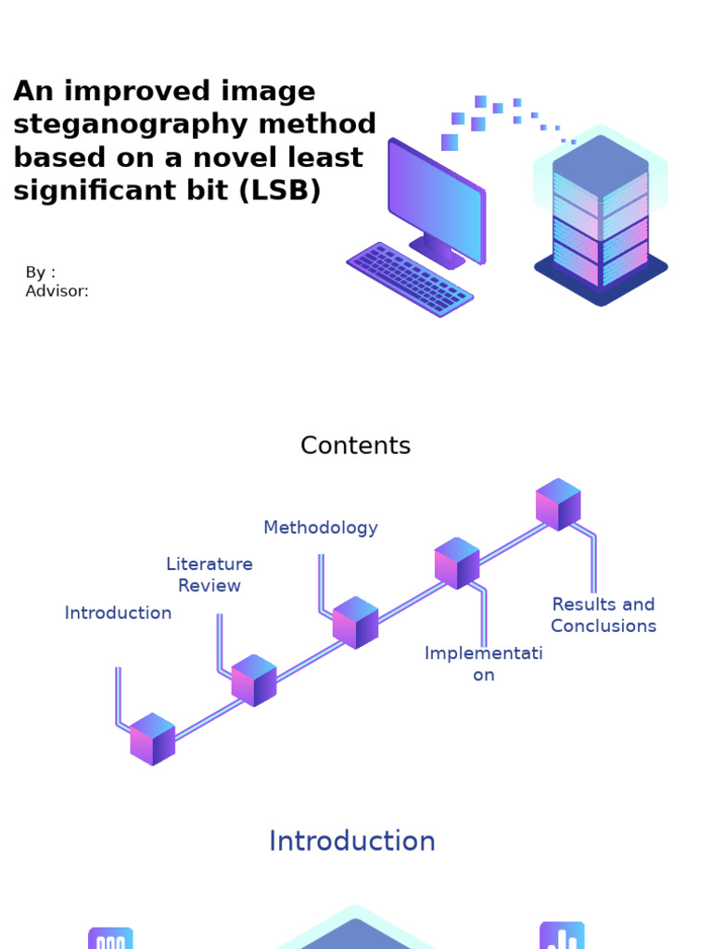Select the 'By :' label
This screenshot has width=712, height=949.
40,272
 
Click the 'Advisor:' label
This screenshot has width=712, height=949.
57,291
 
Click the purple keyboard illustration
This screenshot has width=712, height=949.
410,278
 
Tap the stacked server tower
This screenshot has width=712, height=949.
600,218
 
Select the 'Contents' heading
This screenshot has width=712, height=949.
355,446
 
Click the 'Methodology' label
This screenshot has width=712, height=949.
320,527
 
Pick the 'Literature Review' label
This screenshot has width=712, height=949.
210,575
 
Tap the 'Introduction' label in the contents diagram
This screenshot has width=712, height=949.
118,613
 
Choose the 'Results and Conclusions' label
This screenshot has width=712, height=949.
603,615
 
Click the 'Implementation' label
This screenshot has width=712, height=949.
483,664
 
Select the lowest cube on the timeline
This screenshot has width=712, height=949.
152,739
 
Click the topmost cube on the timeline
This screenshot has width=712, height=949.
558,504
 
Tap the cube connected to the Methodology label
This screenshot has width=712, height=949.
355,622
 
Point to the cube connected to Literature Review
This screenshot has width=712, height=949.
253,680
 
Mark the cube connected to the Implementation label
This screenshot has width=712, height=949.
456,563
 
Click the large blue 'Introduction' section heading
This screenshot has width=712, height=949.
351,841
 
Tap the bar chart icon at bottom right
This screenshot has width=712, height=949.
562,936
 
